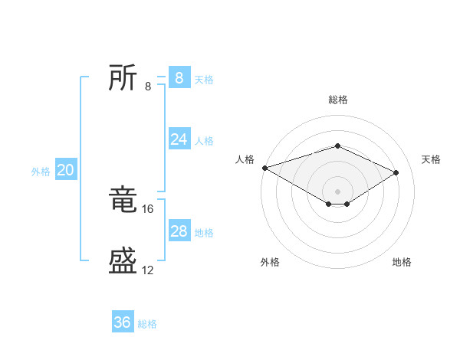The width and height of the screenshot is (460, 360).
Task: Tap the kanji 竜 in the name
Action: coord(123,200)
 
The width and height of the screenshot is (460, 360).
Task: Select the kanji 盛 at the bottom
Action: coord(123,261)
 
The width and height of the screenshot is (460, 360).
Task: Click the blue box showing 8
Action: coord(179,77)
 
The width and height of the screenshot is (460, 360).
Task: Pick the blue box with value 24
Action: coord(179,139)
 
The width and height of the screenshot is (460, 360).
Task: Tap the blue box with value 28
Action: coord(179,231)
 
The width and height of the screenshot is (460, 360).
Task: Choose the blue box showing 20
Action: coord(65,170)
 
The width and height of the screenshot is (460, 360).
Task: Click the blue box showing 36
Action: coord(123,322)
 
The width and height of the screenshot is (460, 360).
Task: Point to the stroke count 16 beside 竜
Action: coord(149,208)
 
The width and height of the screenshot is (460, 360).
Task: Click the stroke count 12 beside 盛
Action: coord(148,270)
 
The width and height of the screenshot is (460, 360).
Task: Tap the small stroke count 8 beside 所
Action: coord(148,86)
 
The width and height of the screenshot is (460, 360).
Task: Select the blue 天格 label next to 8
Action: coord(204,80)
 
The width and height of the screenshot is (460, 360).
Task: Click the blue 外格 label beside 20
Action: coord(41,172)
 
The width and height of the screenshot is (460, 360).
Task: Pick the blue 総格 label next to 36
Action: coord(147,325)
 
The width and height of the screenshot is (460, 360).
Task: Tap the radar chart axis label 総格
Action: coord(337,100)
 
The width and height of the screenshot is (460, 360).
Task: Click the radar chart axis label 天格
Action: coord(432,159)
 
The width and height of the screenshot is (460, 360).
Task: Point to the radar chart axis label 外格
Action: coord(270,262)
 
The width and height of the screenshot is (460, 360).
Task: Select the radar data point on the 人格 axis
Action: coord(264,167)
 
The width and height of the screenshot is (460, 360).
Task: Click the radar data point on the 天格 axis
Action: coord(396,173)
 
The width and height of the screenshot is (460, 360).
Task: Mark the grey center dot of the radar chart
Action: coord(337,191)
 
